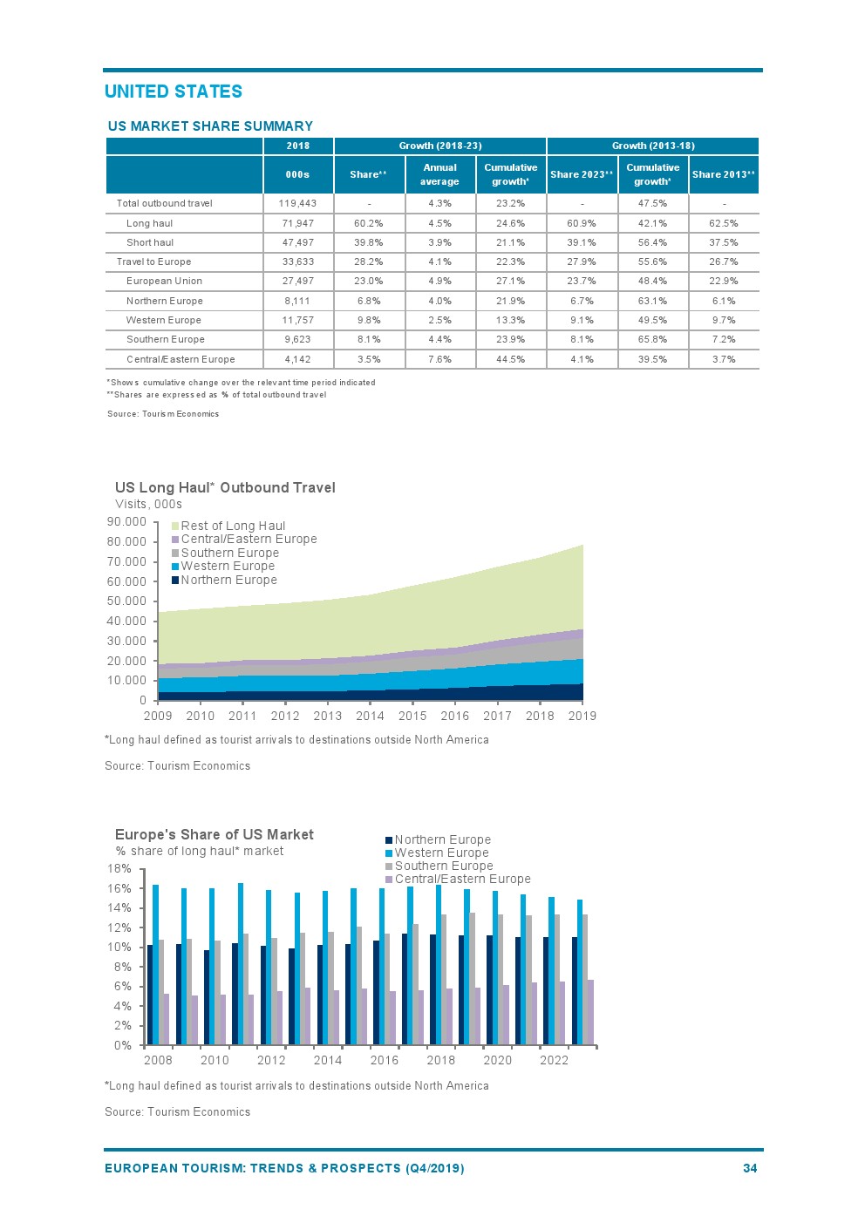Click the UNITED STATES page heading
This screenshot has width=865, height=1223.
point(174,92)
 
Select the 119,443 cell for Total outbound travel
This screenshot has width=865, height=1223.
point(297,204)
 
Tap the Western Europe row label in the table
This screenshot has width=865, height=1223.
point(164,321)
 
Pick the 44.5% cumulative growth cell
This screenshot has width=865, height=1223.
point(510,360)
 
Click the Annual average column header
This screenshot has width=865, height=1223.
point(439,174)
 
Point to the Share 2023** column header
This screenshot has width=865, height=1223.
point(582,174)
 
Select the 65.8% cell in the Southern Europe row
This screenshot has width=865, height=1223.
point(652,340)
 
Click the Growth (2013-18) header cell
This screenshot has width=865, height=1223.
point(653,146)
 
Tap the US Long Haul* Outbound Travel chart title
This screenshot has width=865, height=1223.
point(225,488)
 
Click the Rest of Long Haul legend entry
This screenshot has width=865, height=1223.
point(233,526)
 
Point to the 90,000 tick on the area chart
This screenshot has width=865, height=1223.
point(126,522)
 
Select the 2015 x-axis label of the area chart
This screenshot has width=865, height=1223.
point(412,717)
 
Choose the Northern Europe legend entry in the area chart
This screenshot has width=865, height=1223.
point(228,581)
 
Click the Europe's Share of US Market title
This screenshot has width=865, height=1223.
point(215,835)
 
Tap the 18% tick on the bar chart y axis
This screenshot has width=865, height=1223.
point(119,869)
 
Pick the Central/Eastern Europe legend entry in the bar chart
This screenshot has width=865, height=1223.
point(462,880)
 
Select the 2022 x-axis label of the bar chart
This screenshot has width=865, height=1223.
point(554,1061)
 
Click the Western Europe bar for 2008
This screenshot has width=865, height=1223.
point(155,964)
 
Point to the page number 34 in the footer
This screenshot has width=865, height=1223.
point(750,1169)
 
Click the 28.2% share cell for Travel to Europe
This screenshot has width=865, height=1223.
point(369,262)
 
